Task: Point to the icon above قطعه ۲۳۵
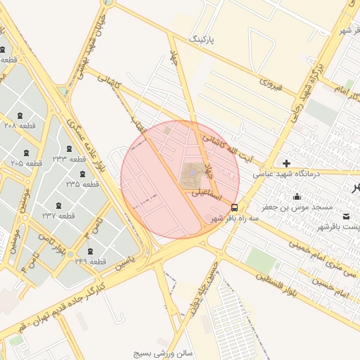(83, 173)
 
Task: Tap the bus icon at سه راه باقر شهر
(234, 207)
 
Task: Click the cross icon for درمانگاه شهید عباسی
(286, 163)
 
